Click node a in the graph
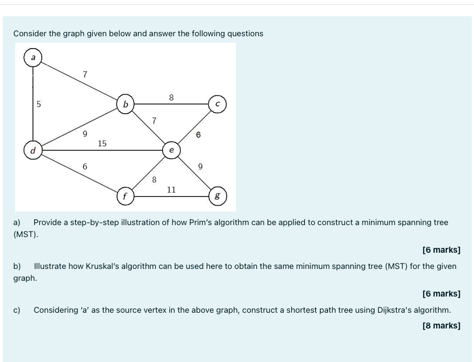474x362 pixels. coord(33,57)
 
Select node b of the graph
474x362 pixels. coord(126,104)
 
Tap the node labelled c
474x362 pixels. coord(217,104)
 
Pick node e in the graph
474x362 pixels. coord(171,150)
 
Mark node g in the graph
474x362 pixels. coord(217,196)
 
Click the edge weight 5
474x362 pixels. coord(39,104)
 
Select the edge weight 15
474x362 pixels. coord(102,143)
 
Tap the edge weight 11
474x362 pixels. coord(171,189)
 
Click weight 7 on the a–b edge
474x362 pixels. coord(85,74)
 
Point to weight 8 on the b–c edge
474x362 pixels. coord(171,98)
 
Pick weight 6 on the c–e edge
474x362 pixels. coord(198,134)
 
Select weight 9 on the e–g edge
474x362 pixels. coord(200,167)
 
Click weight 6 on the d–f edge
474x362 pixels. coord(85,167)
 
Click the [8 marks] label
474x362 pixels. coord(441,326)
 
